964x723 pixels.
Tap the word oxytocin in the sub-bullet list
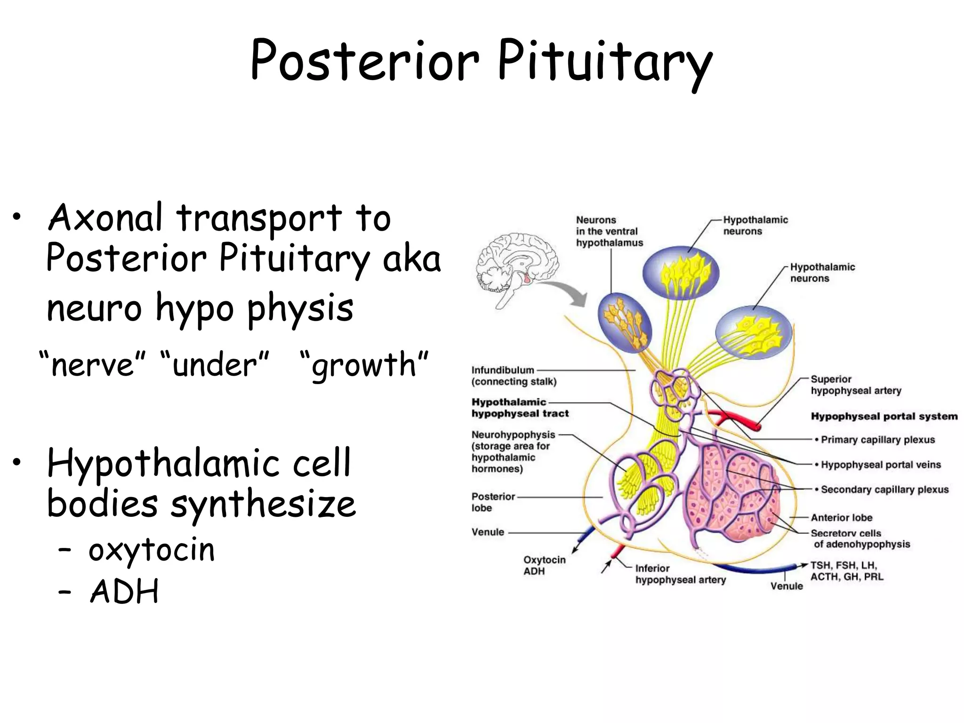152,549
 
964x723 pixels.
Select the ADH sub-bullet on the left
124,591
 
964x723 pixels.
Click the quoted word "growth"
364,365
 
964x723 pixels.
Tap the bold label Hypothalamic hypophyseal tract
520,408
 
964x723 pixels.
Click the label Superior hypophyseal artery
855,385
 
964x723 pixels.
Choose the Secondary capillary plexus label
884,490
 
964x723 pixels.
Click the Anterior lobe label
841,518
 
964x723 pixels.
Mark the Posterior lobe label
492,502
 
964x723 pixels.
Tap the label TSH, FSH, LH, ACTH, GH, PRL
846,571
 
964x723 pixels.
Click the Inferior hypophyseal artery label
680,574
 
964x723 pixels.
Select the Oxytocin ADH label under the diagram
544,565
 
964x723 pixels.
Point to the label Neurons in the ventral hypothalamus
609,231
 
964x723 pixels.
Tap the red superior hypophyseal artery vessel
734,418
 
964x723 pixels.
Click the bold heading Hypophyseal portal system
884,416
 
